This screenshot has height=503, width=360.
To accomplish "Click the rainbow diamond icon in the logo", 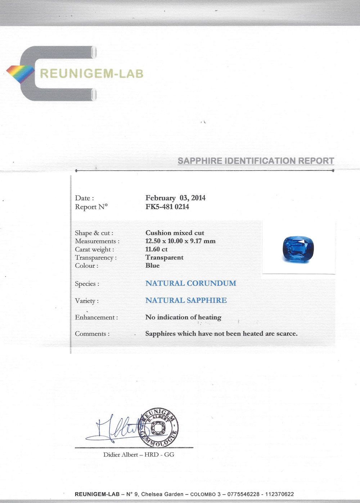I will coord(21,74).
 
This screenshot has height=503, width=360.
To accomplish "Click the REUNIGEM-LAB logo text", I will coord(91,74).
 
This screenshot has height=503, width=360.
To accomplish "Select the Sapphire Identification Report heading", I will coord(256,161).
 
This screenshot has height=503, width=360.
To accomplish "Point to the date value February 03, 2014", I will coord(175,198).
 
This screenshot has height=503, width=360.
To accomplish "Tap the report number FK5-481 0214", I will coord(167,207).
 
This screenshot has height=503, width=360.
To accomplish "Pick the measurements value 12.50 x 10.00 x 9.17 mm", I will coord(180,241).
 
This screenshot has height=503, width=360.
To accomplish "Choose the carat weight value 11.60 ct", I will coord(156,249).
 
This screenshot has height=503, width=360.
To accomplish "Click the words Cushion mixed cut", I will coord(175,233).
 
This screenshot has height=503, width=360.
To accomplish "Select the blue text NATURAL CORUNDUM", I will coord(191,283).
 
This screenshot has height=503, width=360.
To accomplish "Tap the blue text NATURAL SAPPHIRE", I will coord(186,300).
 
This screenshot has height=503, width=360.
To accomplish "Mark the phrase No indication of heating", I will coord(183,317).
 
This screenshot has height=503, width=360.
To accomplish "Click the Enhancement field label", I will coord(96,317).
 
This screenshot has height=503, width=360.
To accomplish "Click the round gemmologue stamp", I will coord(159,428).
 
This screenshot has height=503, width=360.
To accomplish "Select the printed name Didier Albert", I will coord(121,455).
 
